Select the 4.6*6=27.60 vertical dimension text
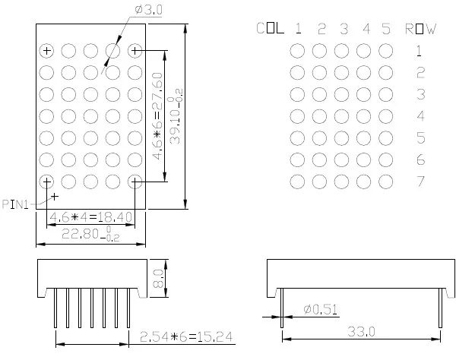[x=157, y=116]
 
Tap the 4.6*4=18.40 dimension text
[x=90, y=217]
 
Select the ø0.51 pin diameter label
[x=320, y=309]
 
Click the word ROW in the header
[x=420, y=30]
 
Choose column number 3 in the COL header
[x=344, y=30]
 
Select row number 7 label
[x=420, y=182]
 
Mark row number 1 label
[x=420, y=52]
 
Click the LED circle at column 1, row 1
[x=298, y=51]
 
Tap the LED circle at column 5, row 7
[x=386, y=182]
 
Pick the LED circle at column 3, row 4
[x=342, y=116]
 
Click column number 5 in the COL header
[x=387, y=30]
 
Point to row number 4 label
[x=420, y=116]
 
